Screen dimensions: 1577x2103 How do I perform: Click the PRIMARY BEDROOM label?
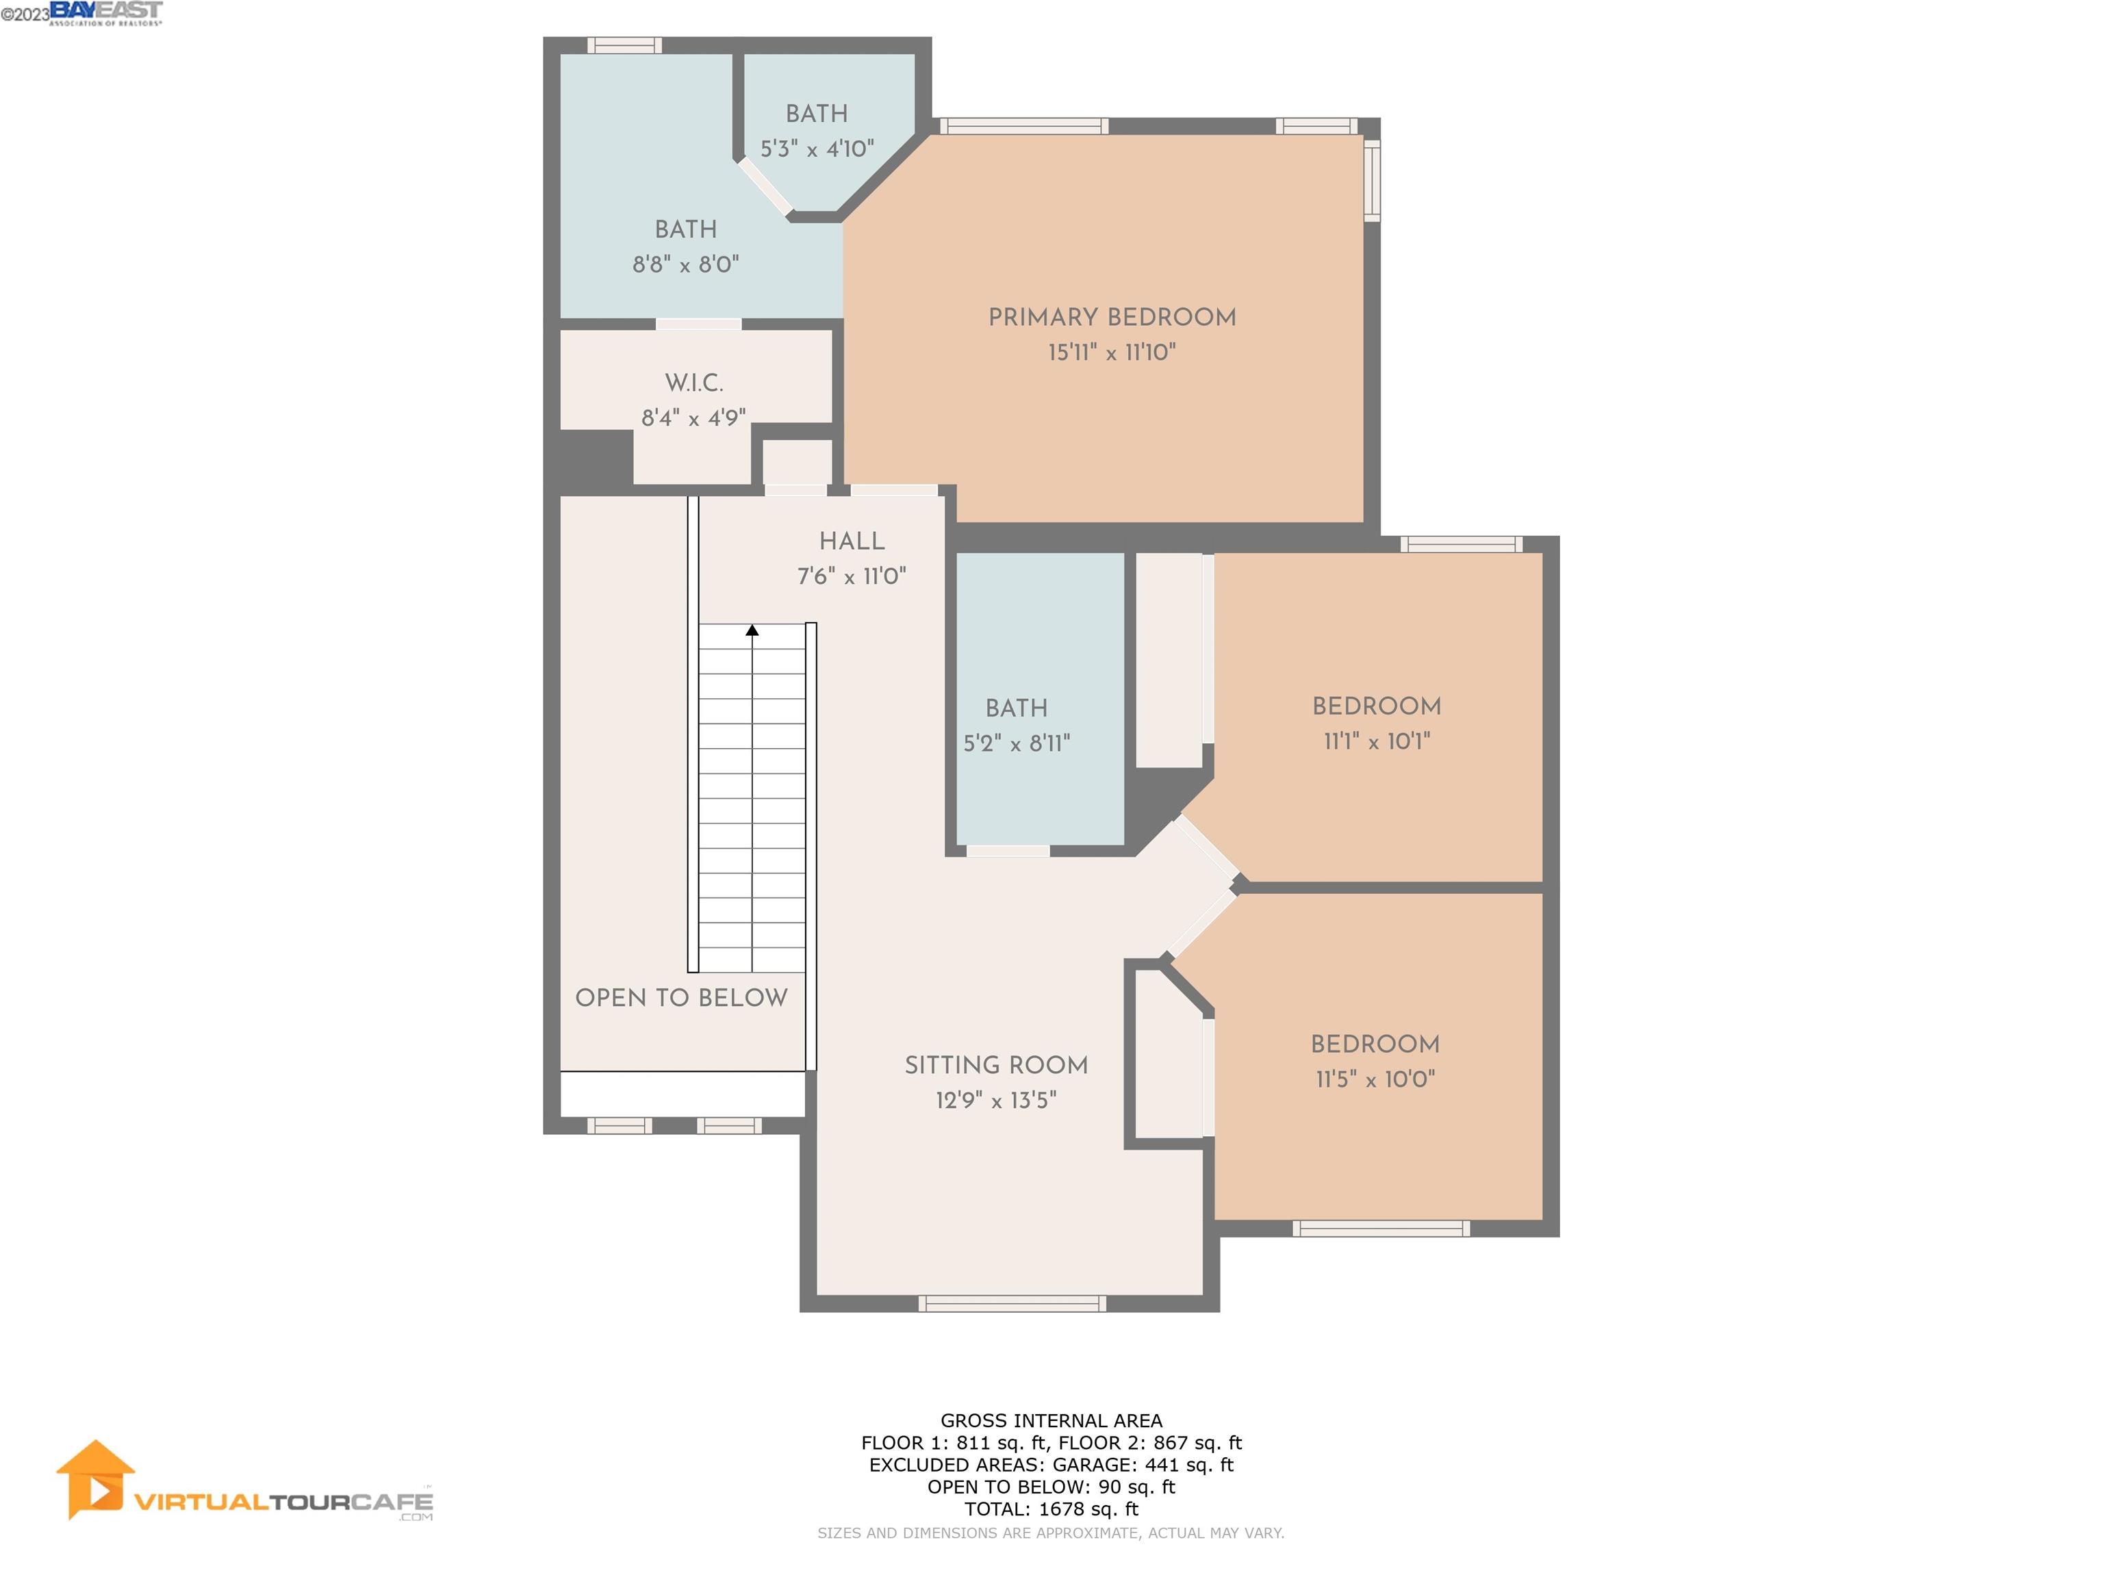[1111, 318]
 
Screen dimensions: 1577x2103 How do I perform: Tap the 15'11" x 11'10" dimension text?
[1111, 352]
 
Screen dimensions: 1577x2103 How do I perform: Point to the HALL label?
[852, 541]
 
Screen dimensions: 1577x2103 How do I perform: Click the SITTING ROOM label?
[995, 1066]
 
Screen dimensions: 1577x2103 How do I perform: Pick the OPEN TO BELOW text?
[680, 998]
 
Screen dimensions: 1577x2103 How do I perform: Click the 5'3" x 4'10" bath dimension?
[817, 149]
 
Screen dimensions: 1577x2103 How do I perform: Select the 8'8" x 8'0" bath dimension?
[685, 265]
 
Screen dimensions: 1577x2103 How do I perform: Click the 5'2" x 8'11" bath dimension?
[1017, 744]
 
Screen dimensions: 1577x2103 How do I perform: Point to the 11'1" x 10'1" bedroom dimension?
[1376, 741]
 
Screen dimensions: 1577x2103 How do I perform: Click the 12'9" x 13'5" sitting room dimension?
[995, 1101]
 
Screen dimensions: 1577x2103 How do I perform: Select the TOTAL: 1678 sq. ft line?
[1051, 1509]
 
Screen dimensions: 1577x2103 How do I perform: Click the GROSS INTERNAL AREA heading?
[1051, 1420]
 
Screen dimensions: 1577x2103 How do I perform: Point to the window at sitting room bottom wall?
[1012, 1304]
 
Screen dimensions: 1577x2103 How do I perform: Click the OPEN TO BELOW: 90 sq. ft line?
[1051, 1487]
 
